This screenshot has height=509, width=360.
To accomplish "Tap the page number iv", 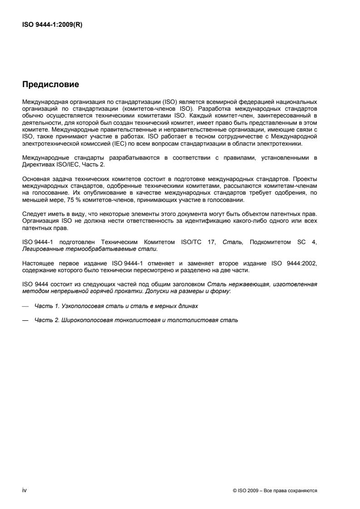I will pyautogui.click(x=25, y=490).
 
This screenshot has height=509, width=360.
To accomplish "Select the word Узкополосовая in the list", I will pyautogui.click(x=78, y=306).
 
